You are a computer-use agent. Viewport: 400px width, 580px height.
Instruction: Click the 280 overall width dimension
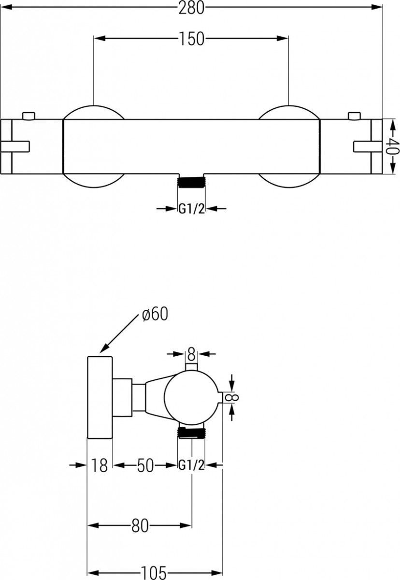click(191, 8)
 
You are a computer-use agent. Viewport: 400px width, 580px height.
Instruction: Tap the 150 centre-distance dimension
click(191, 39)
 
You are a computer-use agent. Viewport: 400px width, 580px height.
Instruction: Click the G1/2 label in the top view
click(191, 209)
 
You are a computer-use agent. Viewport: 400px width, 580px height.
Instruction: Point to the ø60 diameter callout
click(155, 314)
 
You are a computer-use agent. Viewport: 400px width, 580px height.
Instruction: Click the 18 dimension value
click(100, 465)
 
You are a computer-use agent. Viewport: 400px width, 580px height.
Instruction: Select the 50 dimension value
click(145, 465)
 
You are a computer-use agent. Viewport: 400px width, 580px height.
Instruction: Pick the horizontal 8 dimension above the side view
click(191, 355)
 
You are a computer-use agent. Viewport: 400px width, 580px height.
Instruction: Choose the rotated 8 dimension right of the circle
click(231, 397)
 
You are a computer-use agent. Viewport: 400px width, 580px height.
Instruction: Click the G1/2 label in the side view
click(191, 465)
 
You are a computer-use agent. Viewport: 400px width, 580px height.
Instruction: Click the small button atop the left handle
click(29, 116)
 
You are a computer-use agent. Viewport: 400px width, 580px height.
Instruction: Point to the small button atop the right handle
click(354, 116)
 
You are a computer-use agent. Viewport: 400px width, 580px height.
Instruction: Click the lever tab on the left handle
click(15, 146)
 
